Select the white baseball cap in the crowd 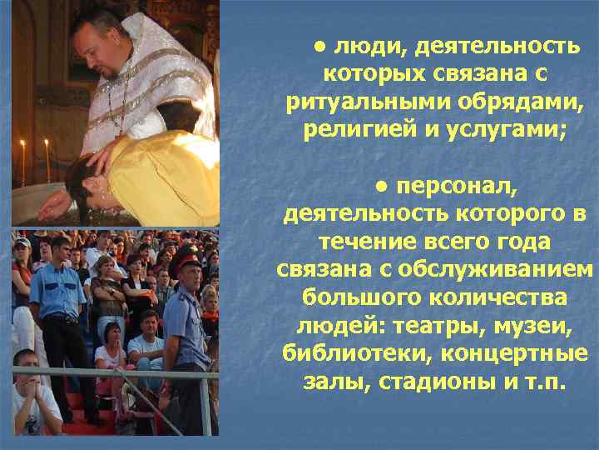tap(22, 243)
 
